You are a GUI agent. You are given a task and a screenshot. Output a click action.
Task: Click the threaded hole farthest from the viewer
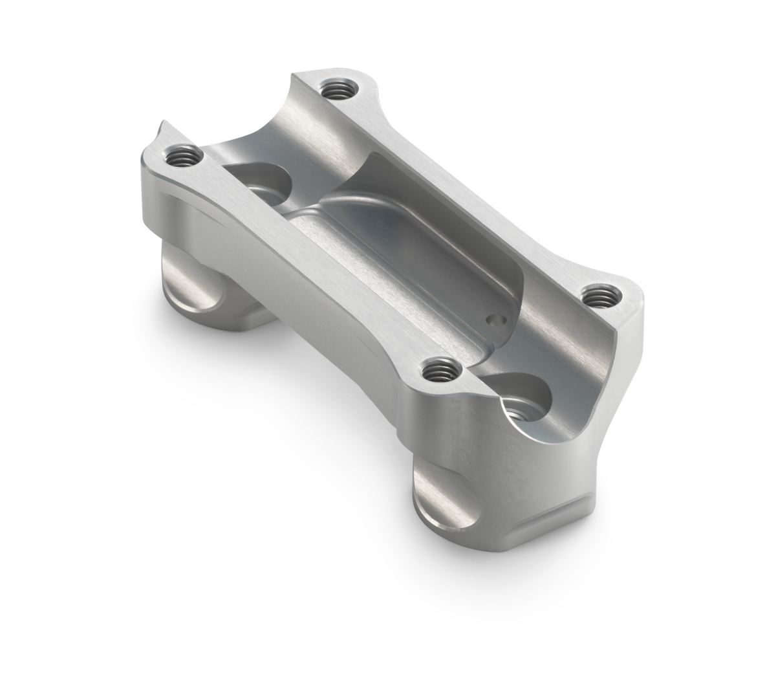coord(335,88)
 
